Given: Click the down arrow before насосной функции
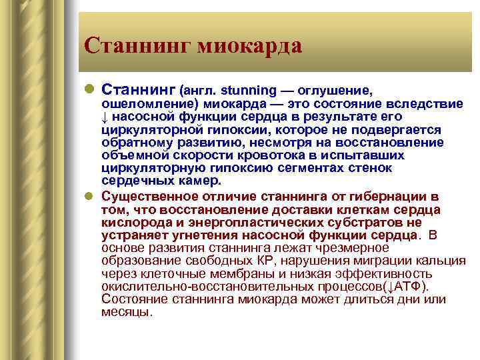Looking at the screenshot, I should pyautogui.click(x=105, y=117).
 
